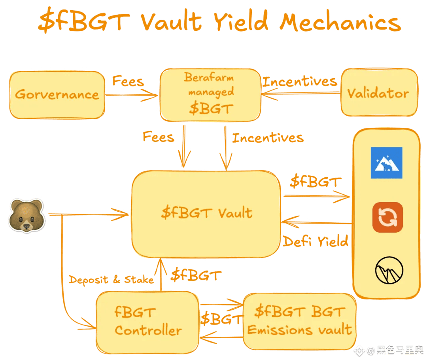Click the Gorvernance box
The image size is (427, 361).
pyautogui.click(x=57, y=95)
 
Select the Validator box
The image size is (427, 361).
pyautogui.click(x=379, y=94)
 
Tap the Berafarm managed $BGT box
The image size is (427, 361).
pyautogui.click(x=210, y=95)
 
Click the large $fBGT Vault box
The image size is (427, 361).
pyautogui.click(x=206, y=214)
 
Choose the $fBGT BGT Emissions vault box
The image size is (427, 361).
pyautogui.click(x=299, y=321)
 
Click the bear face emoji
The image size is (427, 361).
pyautogui.click(x=26, y=216)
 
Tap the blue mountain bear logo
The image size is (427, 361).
pyautogui.click(x=386, y=163)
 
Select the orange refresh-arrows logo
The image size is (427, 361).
pyautogui.click(x=387, y=217)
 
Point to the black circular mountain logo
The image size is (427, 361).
pyautogui.click(x=389, y=270)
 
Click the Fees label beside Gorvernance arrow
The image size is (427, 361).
pyautogui.click(x=128, y=81)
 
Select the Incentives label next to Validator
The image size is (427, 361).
pyautogui.click(x=300, y=81)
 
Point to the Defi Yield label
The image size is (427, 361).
pyautogui.click(x=316, y=241)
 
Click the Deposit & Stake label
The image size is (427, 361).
pyautogui.click(x=111, y=280)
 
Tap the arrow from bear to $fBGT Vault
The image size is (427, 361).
pyautogui.click(x=91, y=215)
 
